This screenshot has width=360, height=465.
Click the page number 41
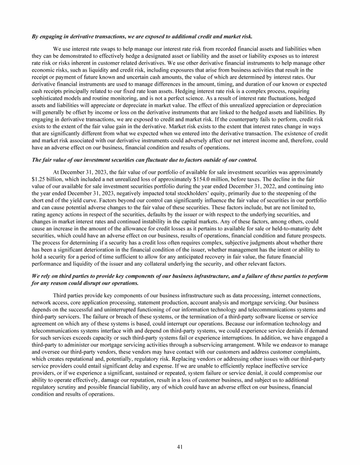[x=180, y=447]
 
